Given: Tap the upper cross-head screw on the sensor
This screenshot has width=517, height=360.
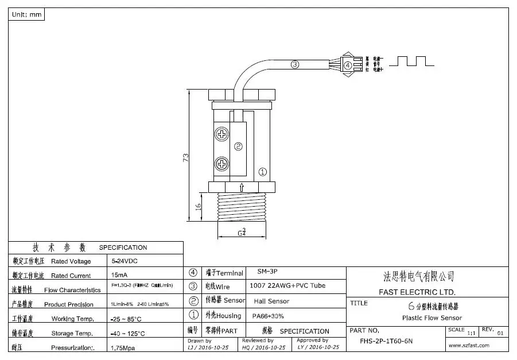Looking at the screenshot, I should (222, 136).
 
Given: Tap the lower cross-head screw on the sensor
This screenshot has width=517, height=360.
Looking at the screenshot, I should (222, 165).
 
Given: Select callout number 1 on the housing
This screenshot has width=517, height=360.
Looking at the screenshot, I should (263, 171).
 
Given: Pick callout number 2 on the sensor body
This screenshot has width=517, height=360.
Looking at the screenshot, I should (238, 146).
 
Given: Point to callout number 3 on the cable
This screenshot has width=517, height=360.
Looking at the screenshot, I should (295, 65).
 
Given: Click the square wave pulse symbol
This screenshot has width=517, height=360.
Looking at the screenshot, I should (410, 61).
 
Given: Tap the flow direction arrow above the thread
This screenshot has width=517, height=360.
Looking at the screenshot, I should (242, 187).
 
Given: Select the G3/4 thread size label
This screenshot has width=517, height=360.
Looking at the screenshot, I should (242, 233).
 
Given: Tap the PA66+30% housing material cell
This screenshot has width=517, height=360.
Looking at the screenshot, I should (268, 316).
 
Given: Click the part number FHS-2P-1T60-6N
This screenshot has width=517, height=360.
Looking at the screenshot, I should (386, 341).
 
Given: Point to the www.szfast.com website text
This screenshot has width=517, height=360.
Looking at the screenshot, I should (469, 345).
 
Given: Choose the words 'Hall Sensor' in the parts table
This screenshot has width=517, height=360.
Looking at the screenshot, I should (271, 301).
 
